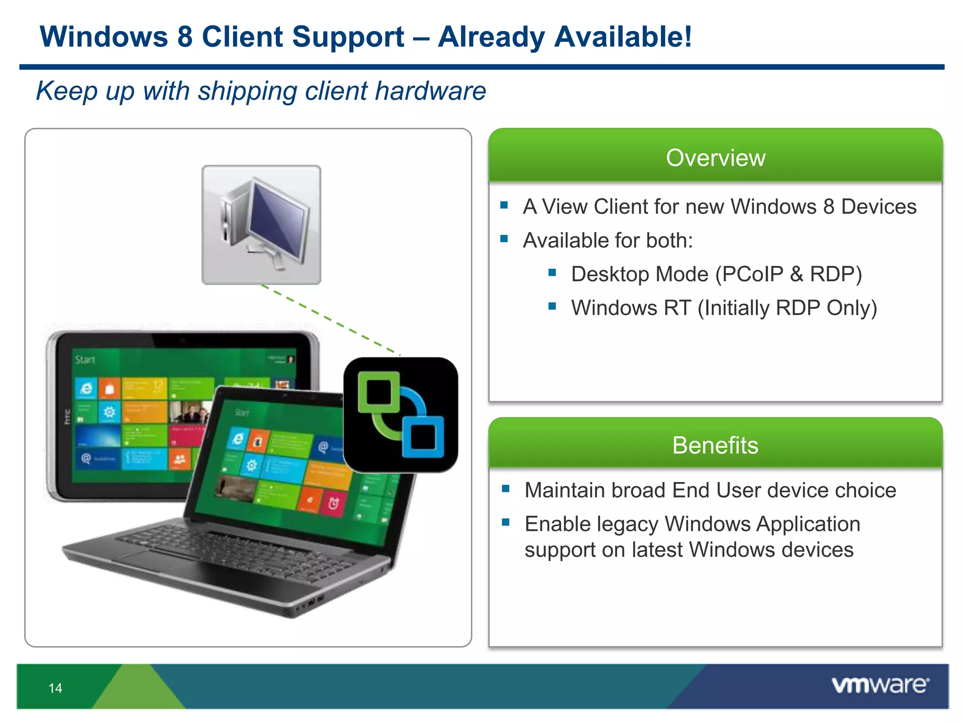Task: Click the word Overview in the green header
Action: [715, 158]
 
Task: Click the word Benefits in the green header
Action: [715, 445]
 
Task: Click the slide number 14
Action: [55, 688]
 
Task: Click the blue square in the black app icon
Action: [423, 437]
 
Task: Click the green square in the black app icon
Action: [378, 392]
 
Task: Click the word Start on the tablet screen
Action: [85, 360]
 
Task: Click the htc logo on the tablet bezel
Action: [67, 417]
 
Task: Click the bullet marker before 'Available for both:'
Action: [504, 239]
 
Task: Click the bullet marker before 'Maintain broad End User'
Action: [506, 489]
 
